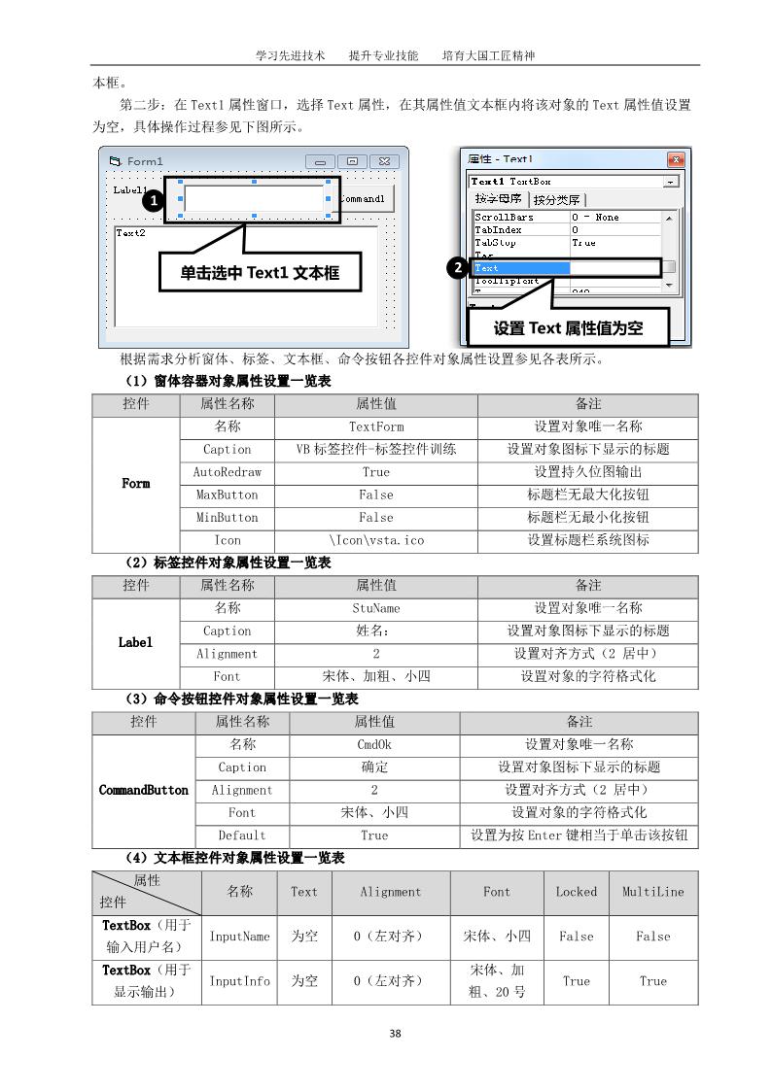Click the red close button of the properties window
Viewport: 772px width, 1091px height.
point(676,159)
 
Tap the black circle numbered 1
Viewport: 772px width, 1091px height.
point(153,202)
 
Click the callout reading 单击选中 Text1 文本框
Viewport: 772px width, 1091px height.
point(259,274)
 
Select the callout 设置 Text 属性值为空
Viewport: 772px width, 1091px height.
point(568,327)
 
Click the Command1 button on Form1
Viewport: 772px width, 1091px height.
point(366,198)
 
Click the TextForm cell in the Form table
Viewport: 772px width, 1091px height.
point(375,426)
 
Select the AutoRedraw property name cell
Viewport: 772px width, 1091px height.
point(228,472)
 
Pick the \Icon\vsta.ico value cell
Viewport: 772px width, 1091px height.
point(375,540)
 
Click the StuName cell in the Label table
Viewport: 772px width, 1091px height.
point(375,608)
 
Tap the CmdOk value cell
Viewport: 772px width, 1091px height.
point(374,744)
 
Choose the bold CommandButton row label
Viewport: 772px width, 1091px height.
point(144,791)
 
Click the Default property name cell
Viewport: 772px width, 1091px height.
point(242,835)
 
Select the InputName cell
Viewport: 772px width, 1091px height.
point(240,937)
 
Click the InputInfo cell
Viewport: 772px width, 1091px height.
point(240,981)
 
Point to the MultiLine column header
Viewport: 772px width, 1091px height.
point(652,892)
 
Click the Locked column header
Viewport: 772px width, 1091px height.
point(576,892)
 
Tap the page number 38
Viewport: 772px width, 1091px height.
point(395,1034)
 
